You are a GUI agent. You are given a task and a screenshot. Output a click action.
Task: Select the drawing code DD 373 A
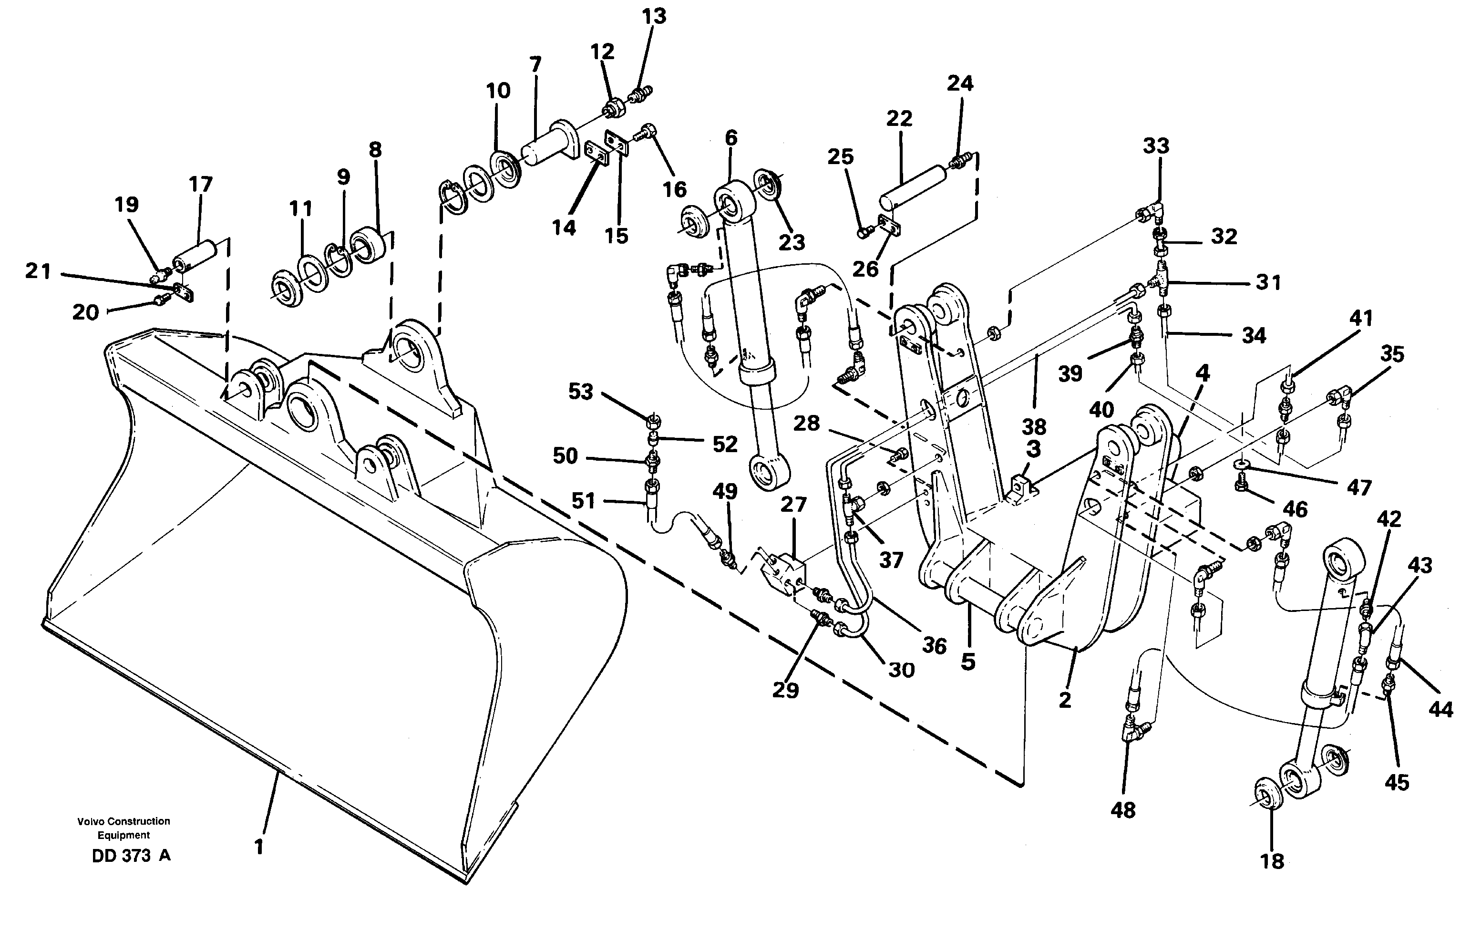(131, 856)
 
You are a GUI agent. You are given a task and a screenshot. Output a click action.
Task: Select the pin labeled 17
(194, 253)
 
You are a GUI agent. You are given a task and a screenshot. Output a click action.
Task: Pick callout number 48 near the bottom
(1123, 810)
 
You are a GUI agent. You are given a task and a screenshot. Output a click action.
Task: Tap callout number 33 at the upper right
(1156, 146)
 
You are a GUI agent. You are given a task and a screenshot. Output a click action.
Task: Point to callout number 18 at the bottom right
(1272, 860)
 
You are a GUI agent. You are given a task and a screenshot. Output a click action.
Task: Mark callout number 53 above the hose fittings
(580, 391)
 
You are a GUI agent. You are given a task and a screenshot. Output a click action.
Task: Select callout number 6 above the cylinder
(730, 137)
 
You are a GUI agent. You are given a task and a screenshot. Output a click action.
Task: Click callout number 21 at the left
(38, 271)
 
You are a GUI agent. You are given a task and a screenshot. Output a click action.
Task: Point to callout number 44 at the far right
(1441, 710)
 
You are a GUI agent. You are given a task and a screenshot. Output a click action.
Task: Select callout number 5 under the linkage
(968, 662)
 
